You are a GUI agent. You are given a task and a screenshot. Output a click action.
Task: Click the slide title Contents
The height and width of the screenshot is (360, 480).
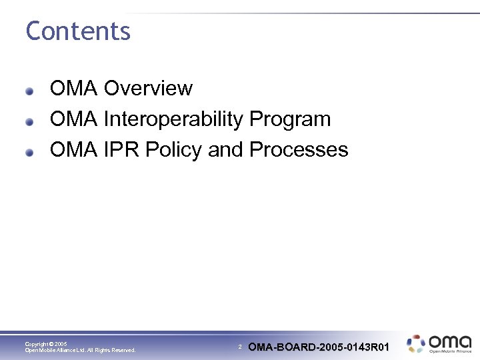coord(78,31)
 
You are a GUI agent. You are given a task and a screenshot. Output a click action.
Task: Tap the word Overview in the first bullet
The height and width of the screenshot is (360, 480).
coord(148,88)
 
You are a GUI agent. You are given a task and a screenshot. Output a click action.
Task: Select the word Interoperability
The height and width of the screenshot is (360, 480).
coord(173,119)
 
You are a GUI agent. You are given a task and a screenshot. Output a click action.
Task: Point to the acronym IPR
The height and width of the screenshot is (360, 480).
coord(121,149)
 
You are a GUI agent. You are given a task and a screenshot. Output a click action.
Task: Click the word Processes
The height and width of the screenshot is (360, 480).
coord(299,149)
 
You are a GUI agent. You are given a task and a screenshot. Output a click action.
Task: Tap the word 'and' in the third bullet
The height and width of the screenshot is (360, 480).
coord(225,149)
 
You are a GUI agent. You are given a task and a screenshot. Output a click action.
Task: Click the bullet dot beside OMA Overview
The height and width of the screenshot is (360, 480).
coord(30,90)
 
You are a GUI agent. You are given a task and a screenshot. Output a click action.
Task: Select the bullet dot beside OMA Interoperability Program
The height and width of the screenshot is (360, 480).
coord(30,121)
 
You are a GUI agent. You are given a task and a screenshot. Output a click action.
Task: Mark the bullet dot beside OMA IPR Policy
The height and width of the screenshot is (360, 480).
coord(30,151)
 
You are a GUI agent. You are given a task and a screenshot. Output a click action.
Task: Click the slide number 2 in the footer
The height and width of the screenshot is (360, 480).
coord(240,347)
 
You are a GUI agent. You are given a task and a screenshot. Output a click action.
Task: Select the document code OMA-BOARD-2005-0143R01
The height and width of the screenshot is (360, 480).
coord(319,347)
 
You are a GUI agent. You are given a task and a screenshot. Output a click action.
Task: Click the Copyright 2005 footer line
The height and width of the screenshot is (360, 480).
coord(46,344)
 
